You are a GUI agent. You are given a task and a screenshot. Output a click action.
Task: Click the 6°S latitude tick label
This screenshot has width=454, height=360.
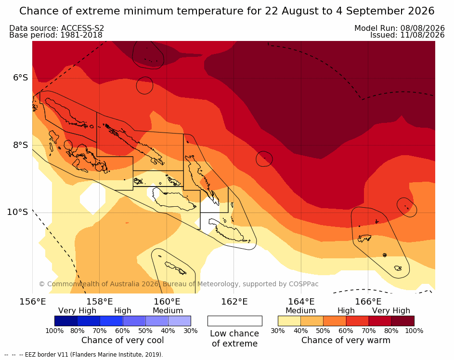pyautogui.click(x=20, y=78)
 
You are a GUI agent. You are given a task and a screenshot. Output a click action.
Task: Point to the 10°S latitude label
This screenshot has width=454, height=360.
pyautogui.click(x=18, y=212)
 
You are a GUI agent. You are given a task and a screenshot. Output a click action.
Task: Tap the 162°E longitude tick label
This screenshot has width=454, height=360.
pyautogui.click(x=234, y=302)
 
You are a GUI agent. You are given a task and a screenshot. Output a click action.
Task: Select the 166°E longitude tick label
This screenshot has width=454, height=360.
pyautogui.click(x=368, y=302)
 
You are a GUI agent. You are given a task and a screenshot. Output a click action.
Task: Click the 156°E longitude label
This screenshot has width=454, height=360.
pyautogui.click(x=33, y=302)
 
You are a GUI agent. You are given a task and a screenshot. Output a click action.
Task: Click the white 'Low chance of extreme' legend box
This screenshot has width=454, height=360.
pyautogui.click(x=235, y=321)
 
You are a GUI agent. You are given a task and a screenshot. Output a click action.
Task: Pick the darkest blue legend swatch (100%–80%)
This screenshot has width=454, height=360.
pyautogui.click(x=66, y=321)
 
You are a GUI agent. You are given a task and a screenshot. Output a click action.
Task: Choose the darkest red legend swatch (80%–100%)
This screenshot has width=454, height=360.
pyautogui.click(x=403, y=321)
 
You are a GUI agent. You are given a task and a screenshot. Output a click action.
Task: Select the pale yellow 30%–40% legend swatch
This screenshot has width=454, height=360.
pyautogui.click(x=289, y=321)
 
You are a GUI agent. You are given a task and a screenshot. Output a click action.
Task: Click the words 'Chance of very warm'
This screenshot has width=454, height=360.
pyautogui.click(x=346, y=340)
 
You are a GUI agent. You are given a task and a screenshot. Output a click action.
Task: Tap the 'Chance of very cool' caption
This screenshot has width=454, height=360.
pyautogui.click(x=122, y=340)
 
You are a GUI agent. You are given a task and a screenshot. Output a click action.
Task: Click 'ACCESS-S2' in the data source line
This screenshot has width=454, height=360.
pyautogui.click(x=82, y=28)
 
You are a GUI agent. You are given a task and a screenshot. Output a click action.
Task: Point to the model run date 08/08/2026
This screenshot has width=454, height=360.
pyautogui.click(x=422, y=28)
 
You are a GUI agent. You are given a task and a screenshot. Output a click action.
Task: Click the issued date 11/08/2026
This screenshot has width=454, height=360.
pyautogui.click(x=422, y=35)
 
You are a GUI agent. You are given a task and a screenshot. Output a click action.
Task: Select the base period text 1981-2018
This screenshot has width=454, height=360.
pyautogui.click(x=81, y=35)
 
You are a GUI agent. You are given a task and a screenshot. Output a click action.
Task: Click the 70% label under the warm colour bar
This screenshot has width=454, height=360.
pyautogui.click(x=369, y=331)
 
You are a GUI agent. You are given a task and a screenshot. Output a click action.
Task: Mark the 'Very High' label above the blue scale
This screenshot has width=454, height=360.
pyautogui.click(x=77, y=311)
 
